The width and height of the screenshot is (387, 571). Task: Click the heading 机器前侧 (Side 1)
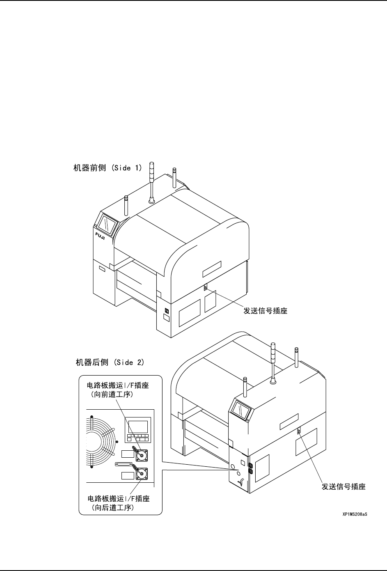tap(107, 168)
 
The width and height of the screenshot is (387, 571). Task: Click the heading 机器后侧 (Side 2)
tap(110, 362)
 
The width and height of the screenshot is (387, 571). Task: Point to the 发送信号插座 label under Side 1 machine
tap(266, 311)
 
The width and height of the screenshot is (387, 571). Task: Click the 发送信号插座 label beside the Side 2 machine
tap(343, 487)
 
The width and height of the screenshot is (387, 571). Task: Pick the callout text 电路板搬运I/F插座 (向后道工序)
tap(119, 503)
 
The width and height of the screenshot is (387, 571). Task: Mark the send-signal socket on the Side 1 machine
tap(205, 288)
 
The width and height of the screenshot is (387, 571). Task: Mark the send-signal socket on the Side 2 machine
tap(299, 431)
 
